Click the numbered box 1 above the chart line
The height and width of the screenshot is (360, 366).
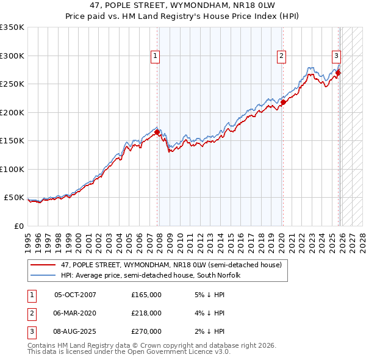pyautogui.click(x=156, y=56)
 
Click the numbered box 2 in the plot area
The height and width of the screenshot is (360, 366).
pyautogui.click(x=281, y=56)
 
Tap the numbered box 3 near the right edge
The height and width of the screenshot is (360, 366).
pyautogui.click(x=336, y=56)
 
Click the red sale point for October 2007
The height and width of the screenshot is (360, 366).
pyautogui.click(x=157, y=132)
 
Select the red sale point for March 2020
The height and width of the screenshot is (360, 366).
pyautogui.click(x=283, y=103)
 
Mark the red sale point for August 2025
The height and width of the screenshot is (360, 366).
pyautogui.click(x=338, y=73)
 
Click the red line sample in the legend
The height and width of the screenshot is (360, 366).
pyautogui.click(x=44, y=265)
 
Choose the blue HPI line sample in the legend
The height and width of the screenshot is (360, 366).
pyautogui.click(x=44, y=276)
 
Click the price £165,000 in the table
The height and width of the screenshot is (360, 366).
pyautogui.click(x=146, y=295)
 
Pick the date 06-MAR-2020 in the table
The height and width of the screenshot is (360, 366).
pyautogui.click(x=75, y=313)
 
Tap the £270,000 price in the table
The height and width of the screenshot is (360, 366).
pyautogui.click(x=146, y=331)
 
